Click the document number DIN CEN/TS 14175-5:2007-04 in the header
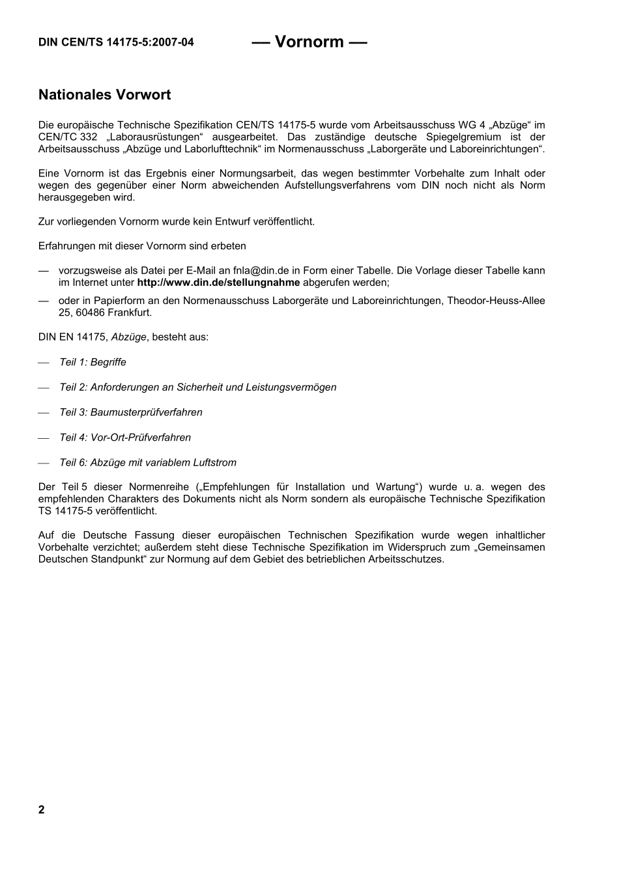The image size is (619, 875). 116,43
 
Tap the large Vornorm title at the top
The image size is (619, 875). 309,42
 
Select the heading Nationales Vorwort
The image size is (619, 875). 104,95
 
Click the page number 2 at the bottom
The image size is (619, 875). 42,810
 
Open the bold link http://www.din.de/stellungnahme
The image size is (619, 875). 218,283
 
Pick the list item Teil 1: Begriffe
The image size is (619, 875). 93,363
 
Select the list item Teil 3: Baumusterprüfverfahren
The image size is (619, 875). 130,413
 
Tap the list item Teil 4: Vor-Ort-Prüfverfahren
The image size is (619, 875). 125,437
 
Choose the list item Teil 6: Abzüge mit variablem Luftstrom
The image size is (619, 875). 148,463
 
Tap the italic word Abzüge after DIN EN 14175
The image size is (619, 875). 129,337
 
